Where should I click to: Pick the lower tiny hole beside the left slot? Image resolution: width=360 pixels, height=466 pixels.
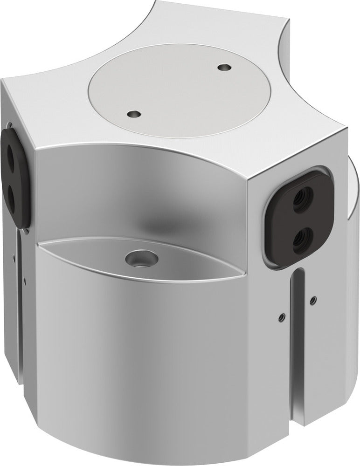tap(28, 282)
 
